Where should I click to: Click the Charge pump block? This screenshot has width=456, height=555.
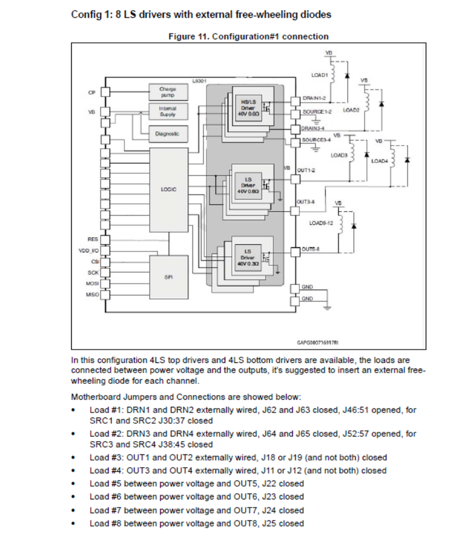(x=167, y=91)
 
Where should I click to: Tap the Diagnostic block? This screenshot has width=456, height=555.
(x=167, y=133)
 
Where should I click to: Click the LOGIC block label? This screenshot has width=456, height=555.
(x=168, y=189)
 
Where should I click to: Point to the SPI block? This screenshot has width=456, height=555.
(x=168, y=276)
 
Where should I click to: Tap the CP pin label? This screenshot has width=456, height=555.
(x=92, y=92)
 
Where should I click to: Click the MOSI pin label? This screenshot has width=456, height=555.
(x=92, y=283)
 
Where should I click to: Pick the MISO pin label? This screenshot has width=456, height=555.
(x=92, y=294)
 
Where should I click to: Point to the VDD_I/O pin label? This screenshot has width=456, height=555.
(x=89, y=251)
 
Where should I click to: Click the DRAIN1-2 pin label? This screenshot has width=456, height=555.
(x=313, y=98)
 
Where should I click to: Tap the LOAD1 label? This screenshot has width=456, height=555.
(x=319, y=74)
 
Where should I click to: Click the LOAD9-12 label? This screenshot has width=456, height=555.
(x=320, y=223)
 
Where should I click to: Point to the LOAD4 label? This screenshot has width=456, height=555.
(x=379, y=161)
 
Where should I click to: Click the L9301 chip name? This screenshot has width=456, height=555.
(x=199, y=81)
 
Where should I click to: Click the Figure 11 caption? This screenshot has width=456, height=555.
(x=248, y=37)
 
